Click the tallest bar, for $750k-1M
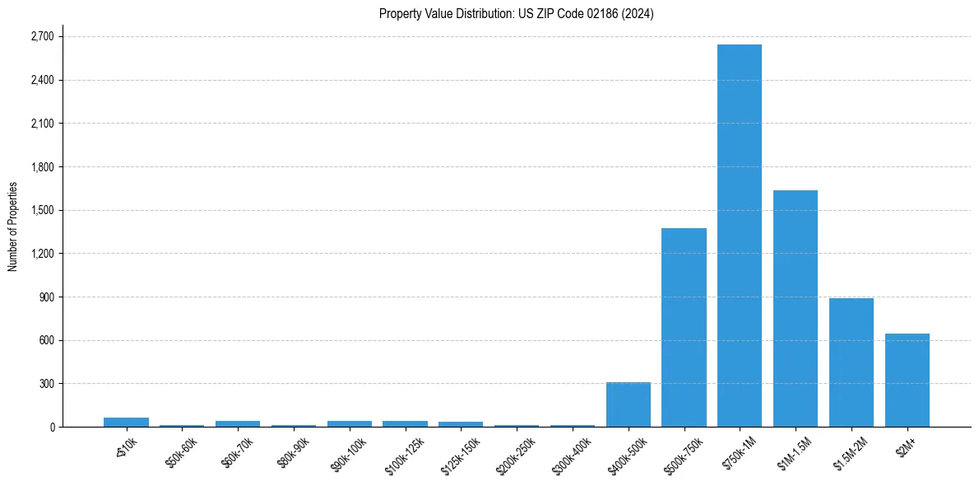[x=740, y=236]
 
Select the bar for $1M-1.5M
[x=796, y=309]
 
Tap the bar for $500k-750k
[x=684, y=328]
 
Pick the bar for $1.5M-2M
[x=851, y=362]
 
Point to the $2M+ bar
[x=907, y=381]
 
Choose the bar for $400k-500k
[x=629, y=404]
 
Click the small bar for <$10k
[x=126, y=422]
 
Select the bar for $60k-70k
[x=238, y=423]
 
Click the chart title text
[x=517, y=14]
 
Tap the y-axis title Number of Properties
[x=13, y=227]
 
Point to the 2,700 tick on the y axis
[x=41, y=37]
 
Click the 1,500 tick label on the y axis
[x=41, y=210]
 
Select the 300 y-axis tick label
[x=46, y=384]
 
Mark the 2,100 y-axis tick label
[x=41, y=124]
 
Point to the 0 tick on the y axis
[x=51, y=428]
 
